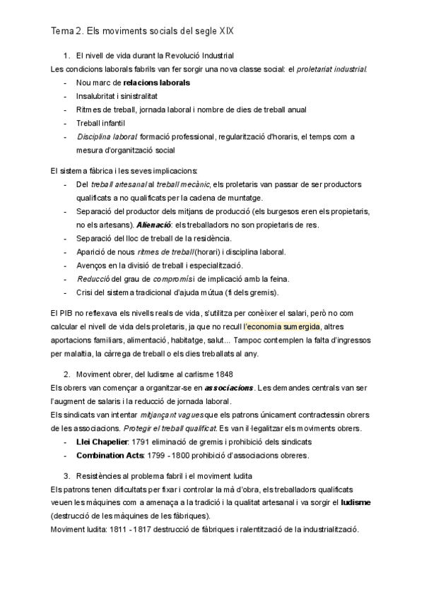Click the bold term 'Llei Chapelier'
click(102, 441)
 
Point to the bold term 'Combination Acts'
click(110, 455)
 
